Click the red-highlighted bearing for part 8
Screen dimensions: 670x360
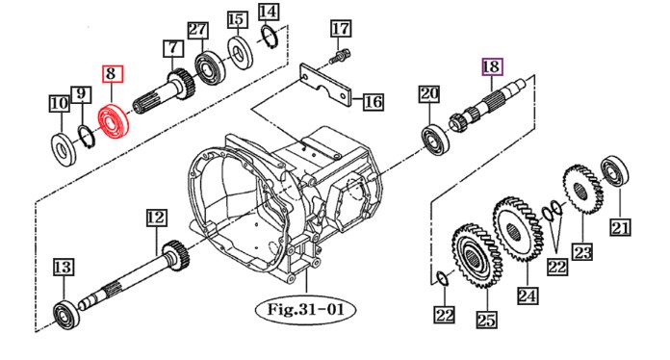(113, 121)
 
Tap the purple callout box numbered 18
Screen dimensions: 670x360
(492, 66)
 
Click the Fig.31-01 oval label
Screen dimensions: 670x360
(305, 309)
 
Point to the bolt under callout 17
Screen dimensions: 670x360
(340, 56)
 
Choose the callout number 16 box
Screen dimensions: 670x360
(374, 102)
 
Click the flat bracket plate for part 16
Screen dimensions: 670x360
(325, 86)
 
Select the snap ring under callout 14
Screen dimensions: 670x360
(269, 38)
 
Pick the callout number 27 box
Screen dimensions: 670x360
(198, 30)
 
